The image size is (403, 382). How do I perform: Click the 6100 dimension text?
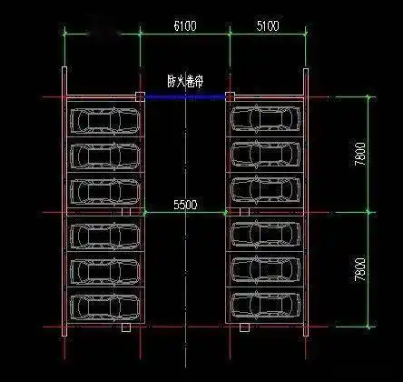pos(184,26)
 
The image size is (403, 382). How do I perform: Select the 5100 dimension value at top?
pos(268,26)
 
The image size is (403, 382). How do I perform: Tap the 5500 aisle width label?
pos(184,206)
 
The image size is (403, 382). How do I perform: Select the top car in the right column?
pos(265,118)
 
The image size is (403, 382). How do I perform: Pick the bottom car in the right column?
pos(265,302)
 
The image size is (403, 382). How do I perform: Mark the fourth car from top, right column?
pos(265,234)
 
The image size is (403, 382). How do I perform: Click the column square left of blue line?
pos(140,95)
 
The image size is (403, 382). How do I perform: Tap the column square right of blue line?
pos(231,95)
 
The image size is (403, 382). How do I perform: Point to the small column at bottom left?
pos(127,327)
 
